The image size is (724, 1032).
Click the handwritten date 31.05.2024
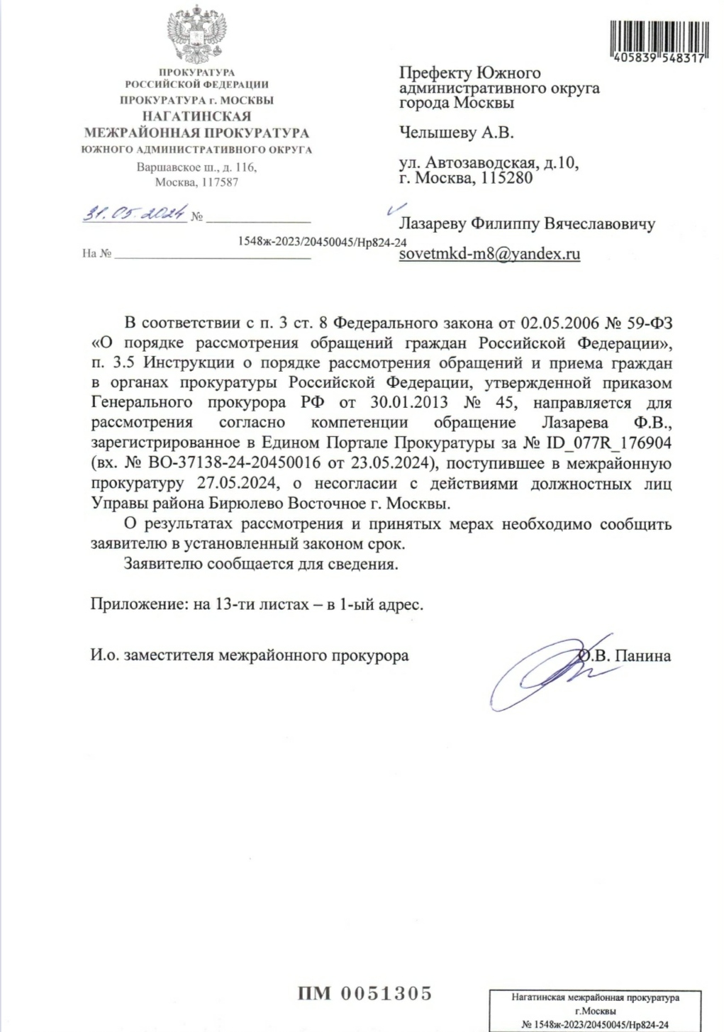coord(135,213)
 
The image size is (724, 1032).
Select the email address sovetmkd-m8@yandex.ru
coord(489,253)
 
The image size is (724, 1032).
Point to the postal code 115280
coord(506,178)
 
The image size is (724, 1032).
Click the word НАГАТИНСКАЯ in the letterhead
coord(196,116)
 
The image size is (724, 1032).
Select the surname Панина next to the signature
coord(642,655)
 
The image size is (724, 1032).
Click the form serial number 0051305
coord(387,993)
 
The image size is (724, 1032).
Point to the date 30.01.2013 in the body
coord(409,403)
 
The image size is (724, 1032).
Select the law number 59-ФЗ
coord(649,323)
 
